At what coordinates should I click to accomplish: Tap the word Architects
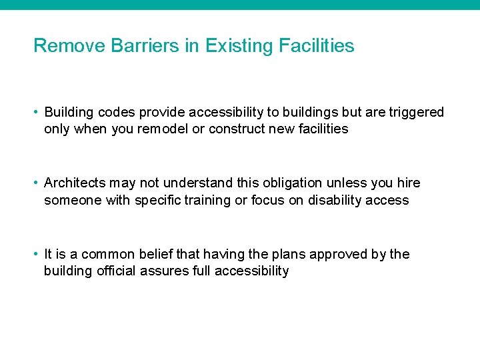(73, 183)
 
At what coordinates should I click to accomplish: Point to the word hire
(408, 183)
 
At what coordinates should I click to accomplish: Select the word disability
(333, 200)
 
